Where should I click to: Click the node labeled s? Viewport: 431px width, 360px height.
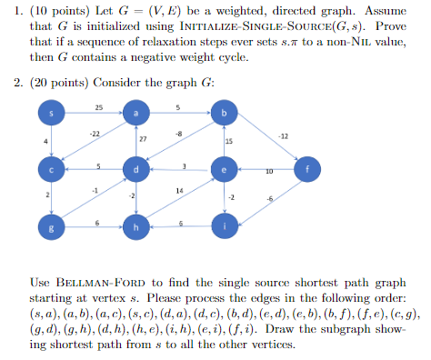[x=52, y=114]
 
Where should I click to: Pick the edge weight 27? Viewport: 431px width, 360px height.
[x=143, y=138]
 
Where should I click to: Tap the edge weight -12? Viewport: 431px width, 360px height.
[x=285, y=135]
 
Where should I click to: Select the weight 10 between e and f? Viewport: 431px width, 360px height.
[x=269, y=173]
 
